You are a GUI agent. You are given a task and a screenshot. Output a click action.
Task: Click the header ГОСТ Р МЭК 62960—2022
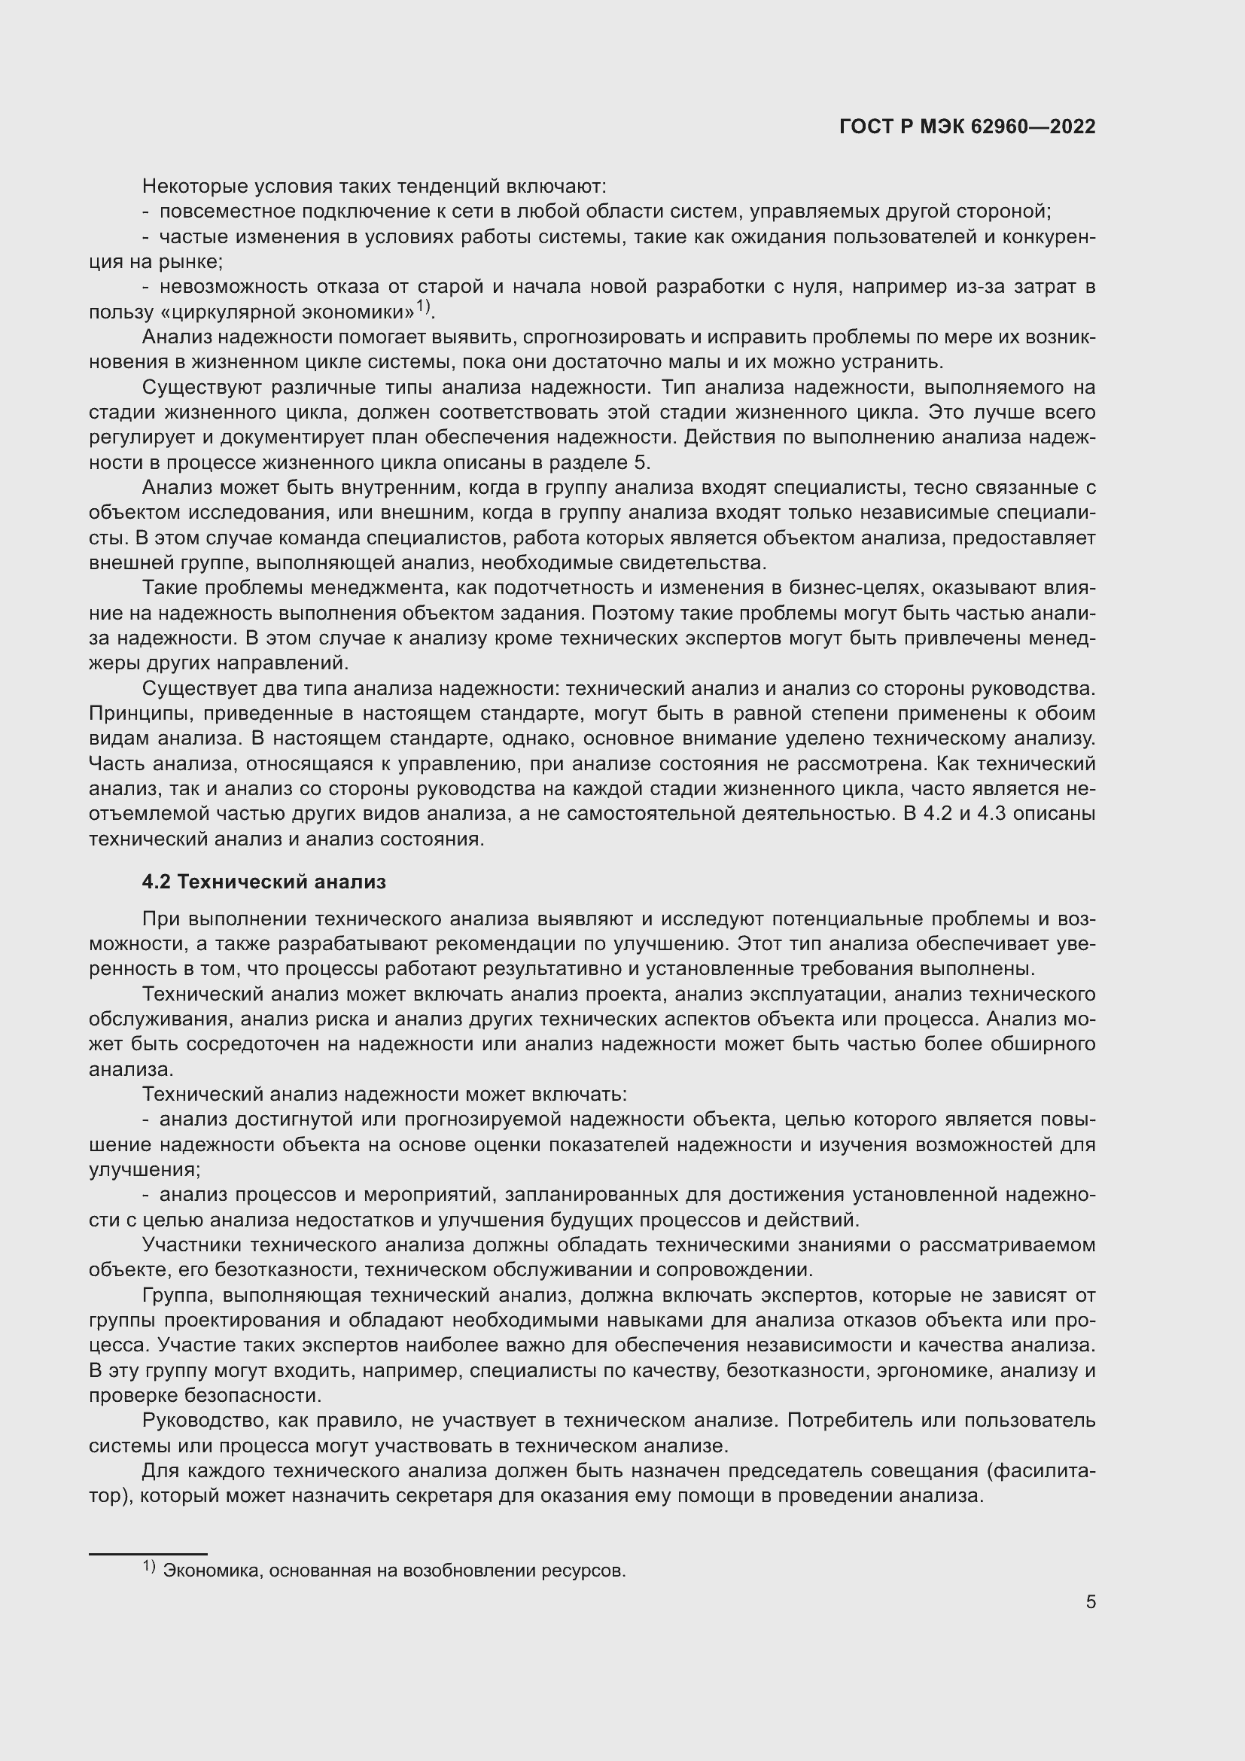[x=967, y=127]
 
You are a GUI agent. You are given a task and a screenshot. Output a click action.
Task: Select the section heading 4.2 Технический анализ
[x=263, y=882]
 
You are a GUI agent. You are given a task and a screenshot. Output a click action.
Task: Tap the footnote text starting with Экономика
[x=395, y=1565]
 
